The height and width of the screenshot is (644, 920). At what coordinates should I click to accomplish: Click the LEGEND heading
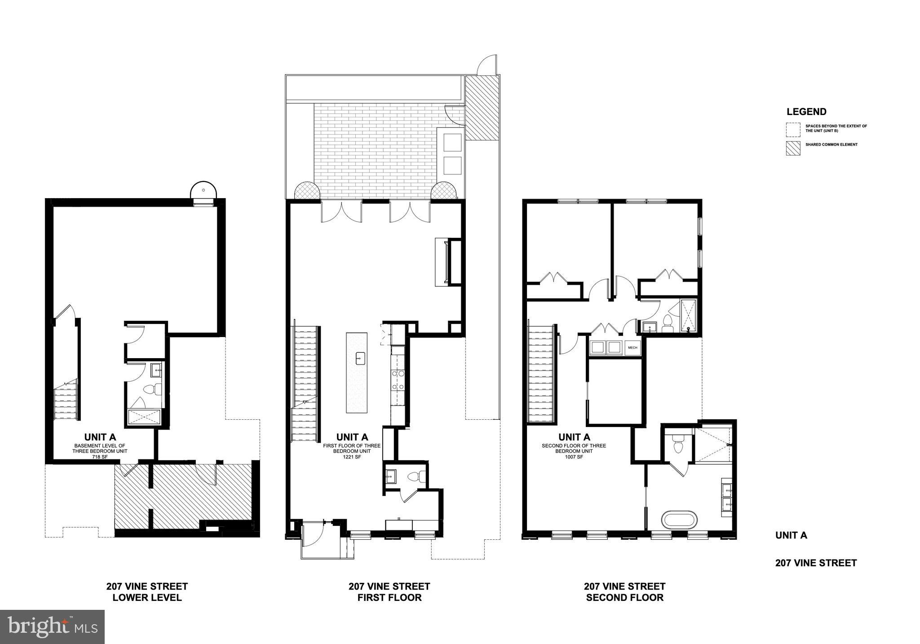(806, 112)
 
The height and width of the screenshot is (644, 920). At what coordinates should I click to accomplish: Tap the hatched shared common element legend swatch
(793, 149)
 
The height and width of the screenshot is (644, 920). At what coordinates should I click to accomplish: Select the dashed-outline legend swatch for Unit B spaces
(793, 130)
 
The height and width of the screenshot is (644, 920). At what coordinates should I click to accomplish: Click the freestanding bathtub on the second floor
(680, 520)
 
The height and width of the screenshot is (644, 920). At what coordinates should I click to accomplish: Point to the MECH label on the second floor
(632, 347)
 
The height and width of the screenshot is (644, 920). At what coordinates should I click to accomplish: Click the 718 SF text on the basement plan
(100, 457)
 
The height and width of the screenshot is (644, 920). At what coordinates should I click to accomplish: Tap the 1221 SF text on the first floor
(352, 457)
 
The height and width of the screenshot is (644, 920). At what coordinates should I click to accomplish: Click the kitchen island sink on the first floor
(360, 359)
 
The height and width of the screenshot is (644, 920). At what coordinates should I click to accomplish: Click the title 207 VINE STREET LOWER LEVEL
(147, 592)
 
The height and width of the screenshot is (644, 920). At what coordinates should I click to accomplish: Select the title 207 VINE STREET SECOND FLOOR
(624, 592)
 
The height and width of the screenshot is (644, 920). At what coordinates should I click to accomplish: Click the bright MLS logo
(52, 626)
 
